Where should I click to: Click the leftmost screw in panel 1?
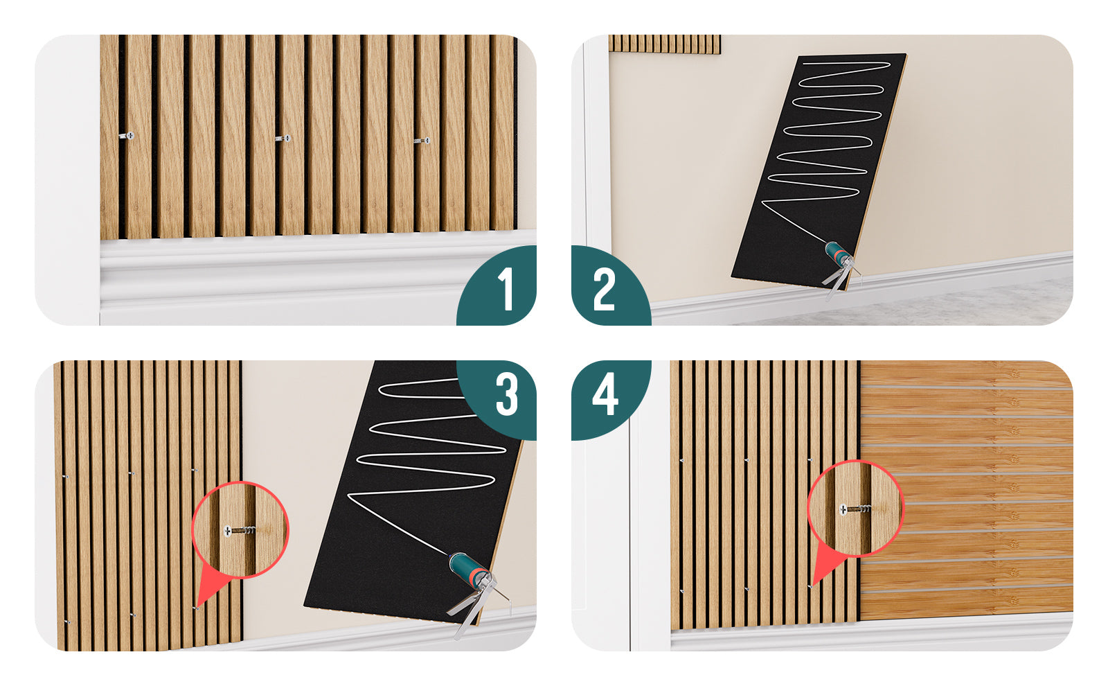[x=127, y=136]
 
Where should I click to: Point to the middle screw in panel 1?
[x=283, y=139]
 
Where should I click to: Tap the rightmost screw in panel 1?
[x=422, y=141]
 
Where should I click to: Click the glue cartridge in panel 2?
[x=837, y=252]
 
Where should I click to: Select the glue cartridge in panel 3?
[x=469, y=568]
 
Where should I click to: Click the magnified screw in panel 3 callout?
[x=240, y=531]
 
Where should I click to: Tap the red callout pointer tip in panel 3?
[x=197, y=608]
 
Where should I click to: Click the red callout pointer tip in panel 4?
[x=811, y=587]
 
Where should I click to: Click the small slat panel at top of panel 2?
[x=665, y=44]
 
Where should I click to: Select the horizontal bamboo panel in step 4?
[x=966, y=490]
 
